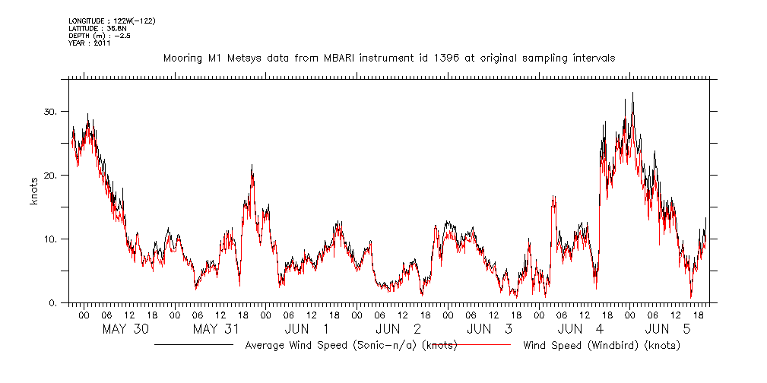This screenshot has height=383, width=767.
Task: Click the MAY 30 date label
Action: [125, 330]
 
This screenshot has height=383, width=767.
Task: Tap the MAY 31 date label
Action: [217, 330]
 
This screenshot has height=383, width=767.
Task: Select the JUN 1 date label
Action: [307, 330]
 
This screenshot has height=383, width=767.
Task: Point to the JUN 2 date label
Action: [398, 330]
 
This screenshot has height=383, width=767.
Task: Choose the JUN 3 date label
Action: [490, 330]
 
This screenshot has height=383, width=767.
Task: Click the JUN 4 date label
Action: [581, 330]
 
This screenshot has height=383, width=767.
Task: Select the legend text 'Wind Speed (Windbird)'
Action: [585, 346]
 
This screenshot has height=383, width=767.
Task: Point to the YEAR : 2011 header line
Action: [90, 43]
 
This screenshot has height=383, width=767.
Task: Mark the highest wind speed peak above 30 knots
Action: [632, 93]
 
